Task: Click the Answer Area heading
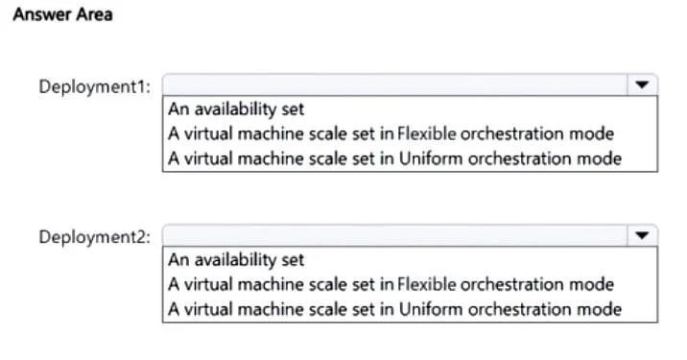point(62,14)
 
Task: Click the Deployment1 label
point(95,86)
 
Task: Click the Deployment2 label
point(95,237)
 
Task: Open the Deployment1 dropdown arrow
point(642,84)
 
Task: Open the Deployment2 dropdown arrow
point(642,235)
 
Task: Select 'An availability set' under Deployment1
point(236,109)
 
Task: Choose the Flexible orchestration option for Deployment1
point(391,133)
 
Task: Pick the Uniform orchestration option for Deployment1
point(394,158)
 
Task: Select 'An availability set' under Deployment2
point(236,260)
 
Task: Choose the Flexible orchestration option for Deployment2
point(391,284)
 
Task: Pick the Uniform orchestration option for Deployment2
point(394,309)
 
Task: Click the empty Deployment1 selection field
point(394,84)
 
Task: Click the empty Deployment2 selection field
point(394,235)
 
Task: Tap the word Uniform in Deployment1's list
point(431,158)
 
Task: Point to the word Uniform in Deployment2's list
point(431,309)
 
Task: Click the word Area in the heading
point(95,14)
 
